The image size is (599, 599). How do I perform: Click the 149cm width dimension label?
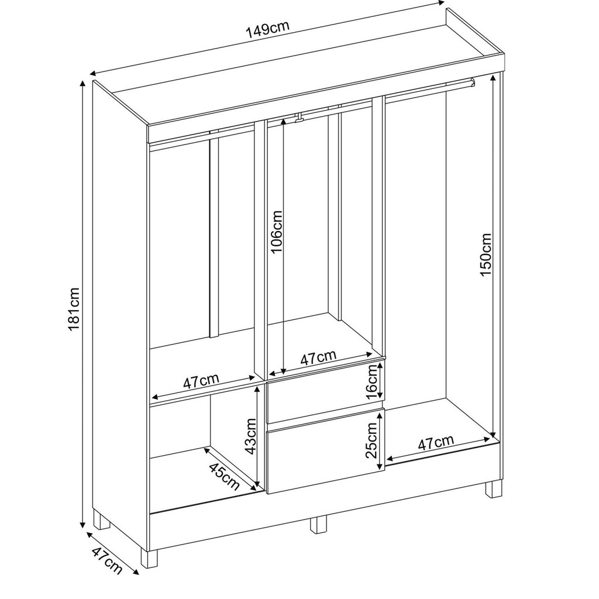point(267,30)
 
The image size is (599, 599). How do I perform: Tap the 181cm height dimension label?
point(73,310)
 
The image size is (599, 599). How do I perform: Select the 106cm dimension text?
point(276,232)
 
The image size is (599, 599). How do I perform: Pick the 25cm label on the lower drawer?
point(371,440)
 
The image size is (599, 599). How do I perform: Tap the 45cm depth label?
point(224,477)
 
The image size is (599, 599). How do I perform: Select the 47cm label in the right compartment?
point(436,442)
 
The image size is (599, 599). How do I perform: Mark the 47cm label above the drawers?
point(318,357)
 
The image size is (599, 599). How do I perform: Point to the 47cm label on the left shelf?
point(201,381)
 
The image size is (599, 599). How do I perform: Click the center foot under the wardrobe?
point(318,525)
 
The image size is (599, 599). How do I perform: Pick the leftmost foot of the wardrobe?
point(101,519)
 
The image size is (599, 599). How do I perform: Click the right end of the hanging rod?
point(473,82)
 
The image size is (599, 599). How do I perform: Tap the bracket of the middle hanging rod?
point(299,118)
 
